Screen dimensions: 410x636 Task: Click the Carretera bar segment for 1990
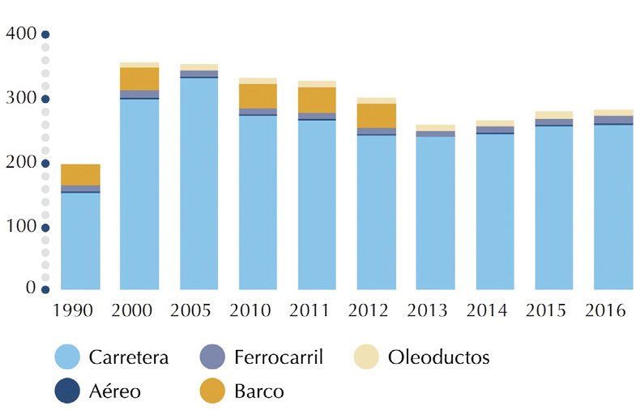coord(80,241)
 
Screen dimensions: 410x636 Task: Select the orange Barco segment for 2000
coord(139,79)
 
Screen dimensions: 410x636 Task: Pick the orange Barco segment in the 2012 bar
coord(376,115)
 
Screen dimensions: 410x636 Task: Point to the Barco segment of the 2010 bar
coord(258,96)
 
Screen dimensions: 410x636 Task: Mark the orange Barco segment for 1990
coord(80,174)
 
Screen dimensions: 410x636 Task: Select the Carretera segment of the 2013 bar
coord(435,213)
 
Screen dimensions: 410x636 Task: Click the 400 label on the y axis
coord(21,34)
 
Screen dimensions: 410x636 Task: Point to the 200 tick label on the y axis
coord(21,162)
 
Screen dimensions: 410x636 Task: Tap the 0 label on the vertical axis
coord(31,288)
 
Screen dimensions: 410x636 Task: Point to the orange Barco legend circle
coord(211,391)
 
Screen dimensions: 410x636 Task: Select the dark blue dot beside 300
coord(45,99)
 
